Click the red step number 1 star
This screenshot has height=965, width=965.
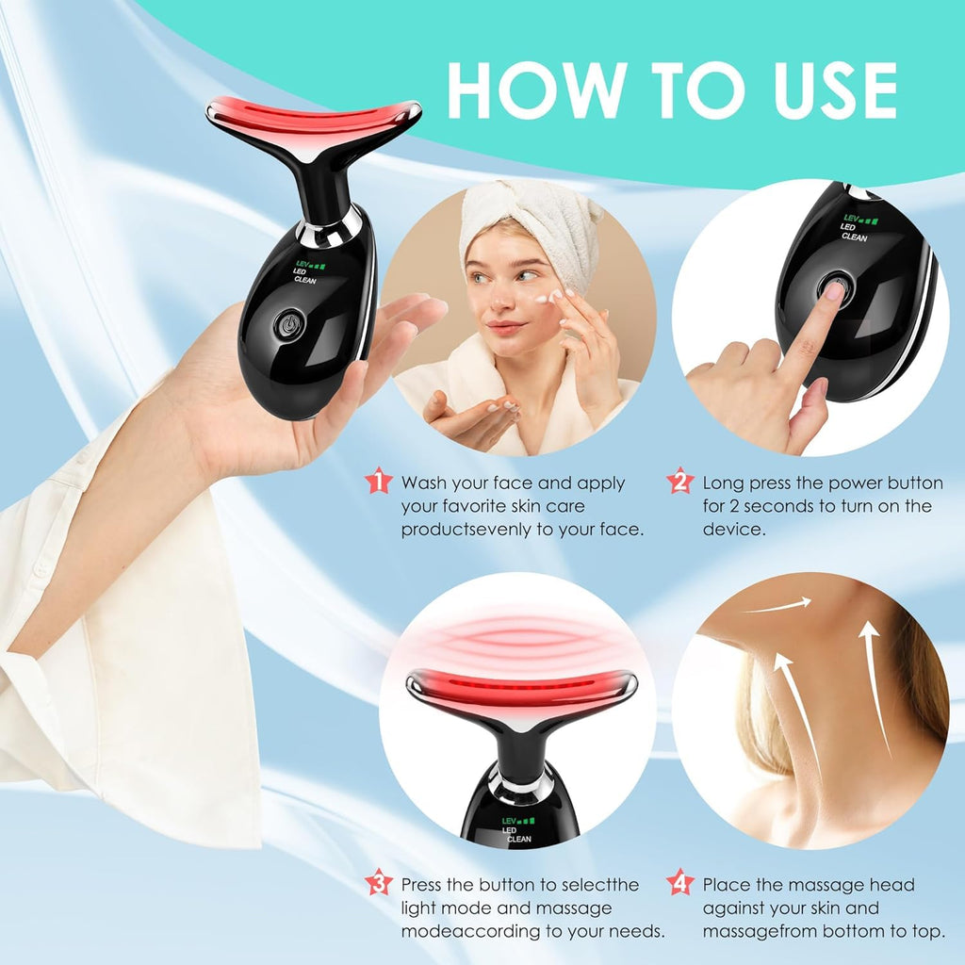[x=378, y=482]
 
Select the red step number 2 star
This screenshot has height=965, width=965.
[x=679, y=482]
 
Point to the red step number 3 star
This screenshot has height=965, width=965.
[x=378, y=883]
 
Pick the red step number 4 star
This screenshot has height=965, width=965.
[x=679, y=883]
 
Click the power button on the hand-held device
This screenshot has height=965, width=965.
[x=288, y=324]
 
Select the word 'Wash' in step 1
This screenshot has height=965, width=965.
[x=422, y=483]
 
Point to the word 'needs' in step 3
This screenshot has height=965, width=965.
[x=639, y=931]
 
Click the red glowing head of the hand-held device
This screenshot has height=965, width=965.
[x=313, y=118]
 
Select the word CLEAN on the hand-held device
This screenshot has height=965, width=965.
[x=306, y=280]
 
